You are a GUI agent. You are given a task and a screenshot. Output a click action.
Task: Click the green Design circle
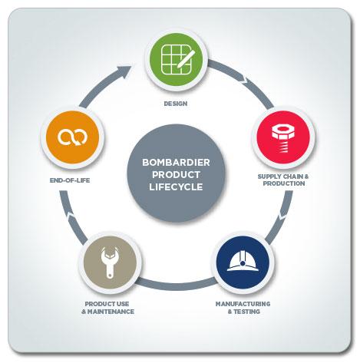click(x=176, y=60)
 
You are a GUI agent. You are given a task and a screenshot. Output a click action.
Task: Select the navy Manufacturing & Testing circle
click(x=243, y=262)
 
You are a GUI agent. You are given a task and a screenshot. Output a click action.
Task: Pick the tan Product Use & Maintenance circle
click(x=110, y=262)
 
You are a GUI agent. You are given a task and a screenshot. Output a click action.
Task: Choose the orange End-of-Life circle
click(x=72, y=137)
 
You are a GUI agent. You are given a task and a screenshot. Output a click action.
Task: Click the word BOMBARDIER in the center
click(x=176, y=163)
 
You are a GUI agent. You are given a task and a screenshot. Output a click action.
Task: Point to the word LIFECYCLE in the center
click(x=176, y=186)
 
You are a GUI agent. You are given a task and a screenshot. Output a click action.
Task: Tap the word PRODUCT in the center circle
click(x=176, y=175)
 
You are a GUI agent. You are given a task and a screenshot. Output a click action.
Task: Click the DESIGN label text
click(x=176, y=104)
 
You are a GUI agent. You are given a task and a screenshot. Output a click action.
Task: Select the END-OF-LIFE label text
click(x=70, y=180)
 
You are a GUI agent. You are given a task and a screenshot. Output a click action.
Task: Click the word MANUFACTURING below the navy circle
click(x=243, y=304)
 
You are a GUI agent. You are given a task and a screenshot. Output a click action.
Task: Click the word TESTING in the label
click(x=246, y=312)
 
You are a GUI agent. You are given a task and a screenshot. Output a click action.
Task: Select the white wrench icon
click(x=109, y=262)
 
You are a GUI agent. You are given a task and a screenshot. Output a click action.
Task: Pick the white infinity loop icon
click(x=72, y=137)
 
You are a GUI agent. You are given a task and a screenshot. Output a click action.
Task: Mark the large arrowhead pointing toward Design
click(x=124, y=71)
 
